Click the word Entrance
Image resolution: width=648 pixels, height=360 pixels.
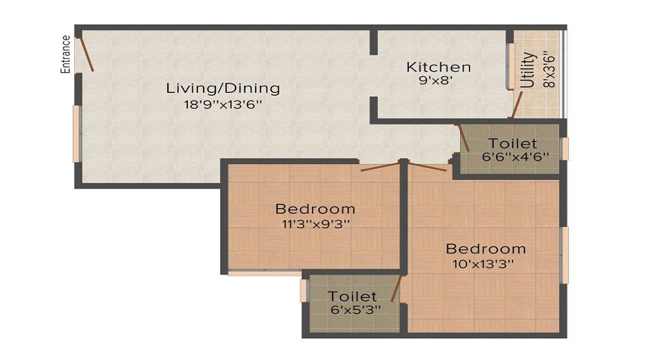(x=65, y=54)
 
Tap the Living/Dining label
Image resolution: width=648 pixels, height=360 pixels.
(x=222, y=89)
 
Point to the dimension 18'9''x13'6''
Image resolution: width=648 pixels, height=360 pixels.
(x=222, y=104)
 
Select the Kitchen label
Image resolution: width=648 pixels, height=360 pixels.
(x=438, y=67)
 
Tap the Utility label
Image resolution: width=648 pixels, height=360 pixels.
(x=528, y=70)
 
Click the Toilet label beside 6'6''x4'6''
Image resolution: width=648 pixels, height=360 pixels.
(x=512, y=143)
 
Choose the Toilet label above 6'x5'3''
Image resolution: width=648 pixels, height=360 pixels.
(x=352, y=296)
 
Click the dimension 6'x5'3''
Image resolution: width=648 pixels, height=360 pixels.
(x=352, y=309)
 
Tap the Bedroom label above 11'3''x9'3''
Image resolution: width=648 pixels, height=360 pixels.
(x=315, y=209)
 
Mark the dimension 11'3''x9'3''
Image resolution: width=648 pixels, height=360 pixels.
(x=315, y=223)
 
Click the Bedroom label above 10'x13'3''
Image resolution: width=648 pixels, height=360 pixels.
(x=485, y=249)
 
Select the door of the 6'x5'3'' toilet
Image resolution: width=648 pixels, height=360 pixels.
(x=395, y=287)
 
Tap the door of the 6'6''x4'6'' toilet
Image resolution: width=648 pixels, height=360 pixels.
(x=463, y=138)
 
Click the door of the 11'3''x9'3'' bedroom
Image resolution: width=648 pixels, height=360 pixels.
(x=379, y=167)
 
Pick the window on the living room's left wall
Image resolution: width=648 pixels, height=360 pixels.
(x=76, y=135)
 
